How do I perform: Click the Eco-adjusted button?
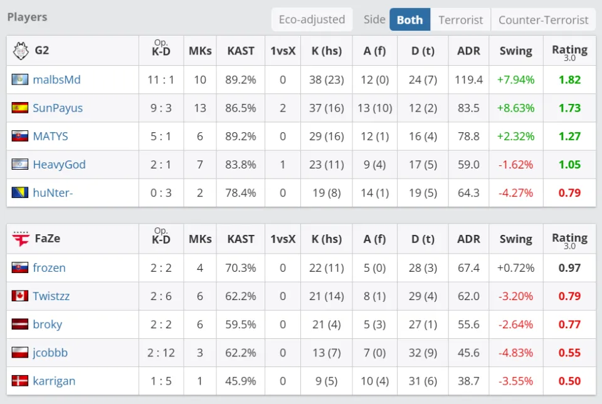(312, 19)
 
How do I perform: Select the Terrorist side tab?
(461, 19)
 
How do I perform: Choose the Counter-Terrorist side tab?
(543, 19)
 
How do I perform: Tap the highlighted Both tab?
(409, 19)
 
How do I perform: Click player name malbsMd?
(56, 80)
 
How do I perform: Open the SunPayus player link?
(58, 108)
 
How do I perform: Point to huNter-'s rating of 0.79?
(569, 193)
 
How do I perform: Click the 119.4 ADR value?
(468, 80)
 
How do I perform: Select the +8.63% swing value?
(515, 108)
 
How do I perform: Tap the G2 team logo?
(21, 51)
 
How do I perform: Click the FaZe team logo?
(21, 239)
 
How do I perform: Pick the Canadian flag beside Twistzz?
(20, 296)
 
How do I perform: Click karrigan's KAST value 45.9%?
(241, 381)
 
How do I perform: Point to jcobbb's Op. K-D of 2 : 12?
(161, 353)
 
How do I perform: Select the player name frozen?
(49, 267)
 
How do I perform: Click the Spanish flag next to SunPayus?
(20, 108)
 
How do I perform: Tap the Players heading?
(27, 17)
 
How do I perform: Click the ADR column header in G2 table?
(468, 51)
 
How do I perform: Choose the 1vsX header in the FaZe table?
(283, 239)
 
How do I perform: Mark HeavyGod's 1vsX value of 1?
(283, 165)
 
